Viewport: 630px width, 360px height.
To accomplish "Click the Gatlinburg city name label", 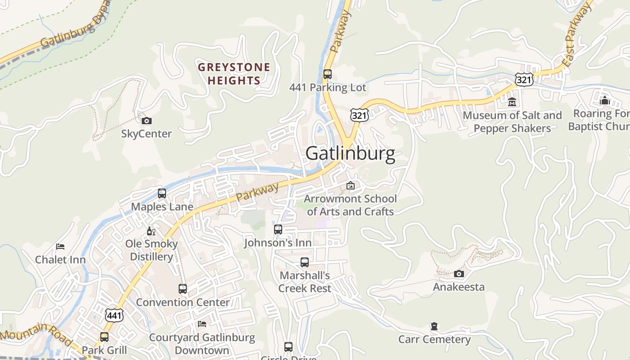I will click(350, 153).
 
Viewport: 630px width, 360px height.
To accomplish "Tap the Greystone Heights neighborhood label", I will click(234, 74).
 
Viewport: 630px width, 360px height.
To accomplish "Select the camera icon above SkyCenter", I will click(147, 121).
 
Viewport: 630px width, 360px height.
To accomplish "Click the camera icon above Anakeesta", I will click(459, 274).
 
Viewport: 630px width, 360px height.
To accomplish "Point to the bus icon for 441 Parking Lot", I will click(328, 74).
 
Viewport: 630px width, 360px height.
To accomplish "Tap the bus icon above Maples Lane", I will click(162, 193).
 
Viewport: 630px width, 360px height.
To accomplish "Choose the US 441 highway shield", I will click(114, 315).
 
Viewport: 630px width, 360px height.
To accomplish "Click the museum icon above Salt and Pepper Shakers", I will click(512, 102).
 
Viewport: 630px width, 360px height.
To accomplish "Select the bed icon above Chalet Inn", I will click(60, 246).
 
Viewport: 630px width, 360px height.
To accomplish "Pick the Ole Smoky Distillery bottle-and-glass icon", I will click(151, 231).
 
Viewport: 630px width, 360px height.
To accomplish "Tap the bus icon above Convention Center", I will click(183, 289).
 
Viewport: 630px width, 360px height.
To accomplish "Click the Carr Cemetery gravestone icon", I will click(434, 326).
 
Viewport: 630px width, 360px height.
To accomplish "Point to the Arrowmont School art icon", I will click(350, 185).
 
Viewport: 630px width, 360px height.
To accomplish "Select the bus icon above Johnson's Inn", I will click(278, 229).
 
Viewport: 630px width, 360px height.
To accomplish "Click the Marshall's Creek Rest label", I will click(305, 282).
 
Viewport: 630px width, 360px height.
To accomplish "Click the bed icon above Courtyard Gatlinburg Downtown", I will click(202, 324).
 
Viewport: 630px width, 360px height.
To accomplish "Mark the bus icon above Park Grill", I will click(104, 337).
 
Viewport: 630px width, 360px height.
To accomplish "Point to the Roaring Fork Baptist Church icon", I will click(604, 100).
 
